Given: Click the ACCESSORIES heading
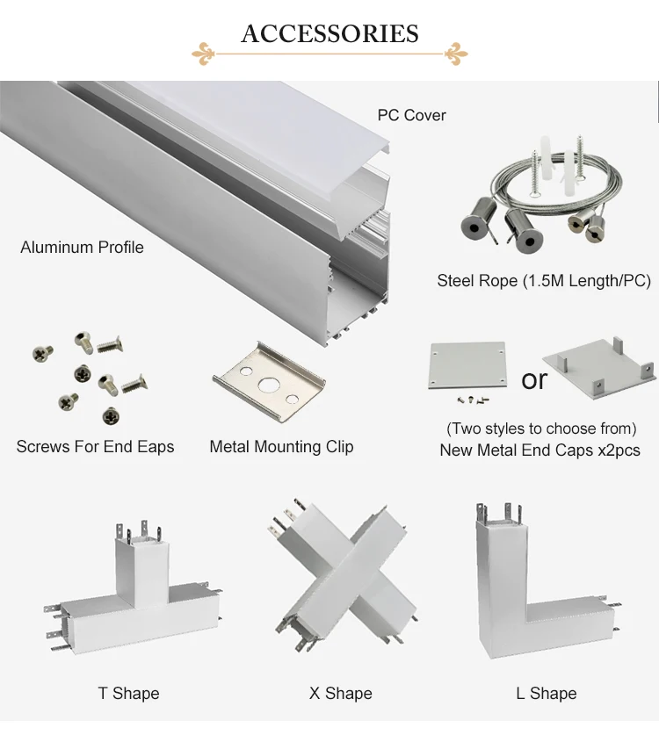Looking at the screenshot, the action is click(x=329, y=33).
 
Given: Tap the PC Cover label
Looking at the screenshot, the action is click(x=411, y=115).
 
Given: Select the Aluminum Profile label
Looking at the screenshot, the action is click(x=82, y=247).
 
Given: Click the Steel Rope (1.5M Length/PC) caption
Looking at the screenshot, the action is click(x=543, y=281).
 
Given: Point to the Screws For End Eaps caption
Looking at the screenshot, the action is click(x=95, y=446).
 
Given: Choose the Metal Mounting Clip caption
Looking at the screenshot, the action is click(x=281, y=446).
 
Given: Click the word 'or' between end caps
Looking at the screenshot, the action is click(x=534, y=379).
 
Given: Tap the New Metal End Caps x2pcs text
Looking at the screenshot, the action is click(x=540, y=450).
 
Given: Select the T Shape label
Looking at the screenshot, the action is click(x=128, y=693).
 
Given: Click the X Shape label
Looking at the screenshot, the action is click(x=340, y=693).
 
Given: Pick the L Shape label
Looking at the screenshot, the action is click(x=546, y=693).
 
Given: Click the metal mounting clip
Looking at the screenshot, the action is click(x=269, y=378).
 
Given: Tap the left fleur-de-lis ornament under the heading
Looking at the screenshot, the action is click(x=204, y=53).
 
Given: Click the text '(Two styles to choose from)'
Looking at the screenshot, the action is click(x=541, y=429).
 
